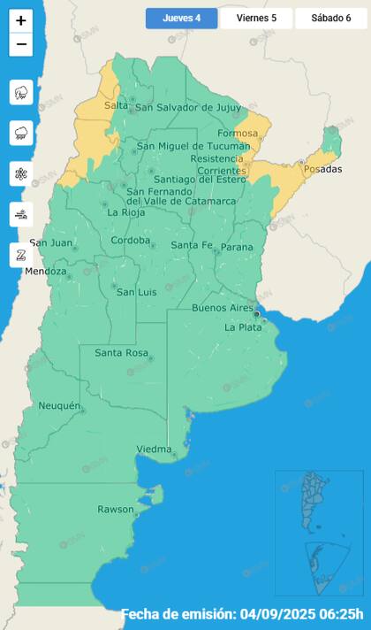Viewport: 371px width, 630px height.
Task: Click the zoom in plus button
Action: (x=21, y=20)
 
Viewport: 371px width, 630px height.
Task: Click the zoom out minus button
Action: (x=21, y=44)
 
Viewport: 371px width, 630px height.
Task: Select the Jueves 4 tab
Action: (x=181, y=18)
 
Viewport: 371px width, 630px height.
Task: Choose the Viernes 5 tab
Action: (x=256, y=18)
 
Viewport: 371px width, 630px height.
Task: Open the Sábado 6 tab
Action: (x=329, y=18)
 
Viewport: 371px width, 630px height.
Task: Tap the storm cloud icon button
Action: (x=21, y=92)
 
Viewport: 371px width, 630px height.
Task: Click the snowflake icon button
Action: (x=21, y=173)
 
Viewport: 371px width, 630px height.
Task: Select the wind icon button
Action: (x=21, y=214)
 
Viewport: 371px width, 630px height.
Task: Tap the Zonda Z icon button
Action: (x=21, y=255)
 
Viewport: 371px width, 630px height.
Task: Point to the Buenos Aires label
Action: (x=223, y=307)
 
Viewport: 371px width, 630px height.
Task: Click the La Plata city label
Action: (x=242, y=327)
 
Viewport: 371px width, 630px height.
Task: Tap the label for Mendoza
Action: (x=45, y=272)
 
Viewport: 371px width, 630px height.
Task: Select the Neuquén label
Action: (x=59, y=406)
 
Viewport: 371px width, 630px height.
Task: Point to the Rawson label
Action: (x=115, y=510)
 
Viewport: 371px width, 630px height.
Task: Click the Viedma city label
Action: (x=154, y=449)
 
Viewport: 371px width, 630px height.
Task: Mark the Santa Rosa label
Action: (x=120, y=354)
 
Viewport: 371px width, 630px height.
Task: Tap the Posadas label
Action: (x=322, y=168)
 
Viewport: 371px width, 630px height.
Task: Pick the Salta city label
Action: (x=116, y=105)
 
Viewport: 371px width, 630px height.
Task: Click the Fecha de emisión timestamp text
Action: (x=242, y=614)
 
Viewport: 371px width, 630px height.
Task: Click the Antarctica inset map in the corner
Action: (x=319, y=565)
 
